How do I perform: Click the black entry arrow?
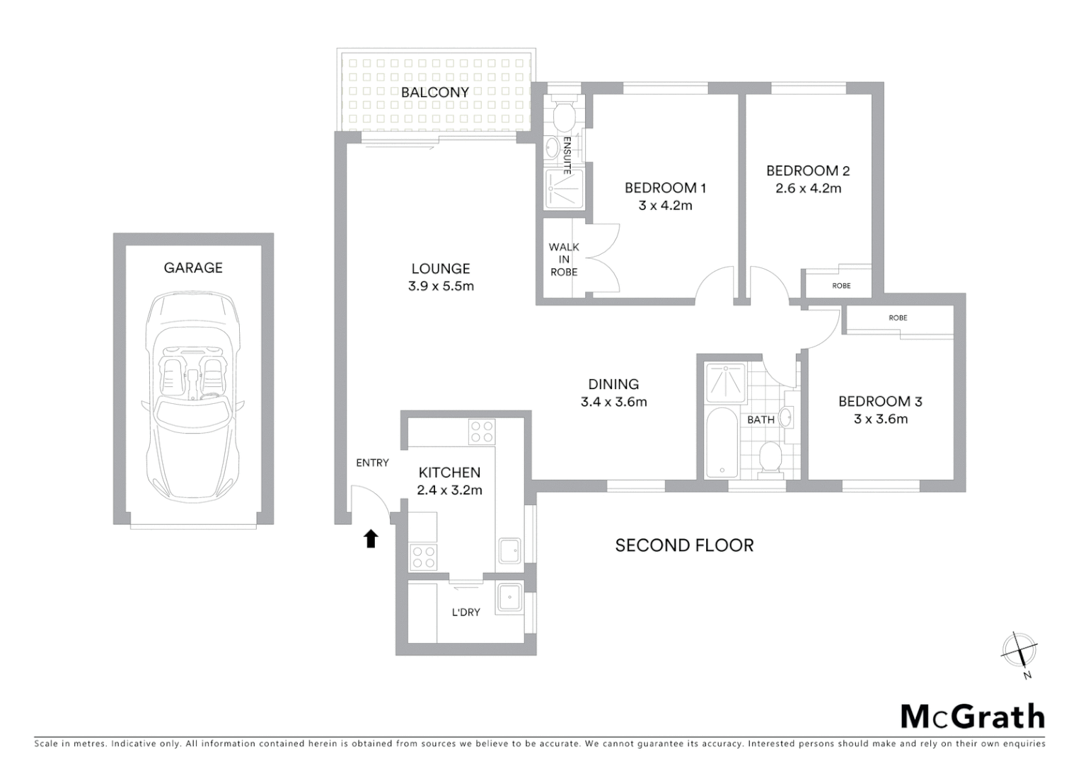pos(371,539)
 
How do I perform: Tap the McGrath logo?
pos(972,717)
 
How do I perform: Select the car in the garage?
pos(192,395)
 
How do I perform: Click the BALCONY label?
pos(434,92)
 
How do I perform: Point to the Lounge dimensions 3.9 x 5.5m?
pos(441,286)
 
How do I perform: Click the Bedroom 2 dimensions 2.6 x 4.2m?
pos(808,189)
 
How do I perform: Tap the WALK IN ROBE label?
pos(564,259)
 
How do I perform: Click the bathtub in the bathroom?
pos(722,441)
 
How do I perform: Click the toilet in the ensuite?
pos(564,115)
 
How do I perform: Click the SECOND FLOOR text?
pos(684,545)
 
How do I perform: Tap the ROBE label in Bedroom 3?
pos(898,318)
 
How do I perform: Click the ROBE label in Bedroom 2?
pos(841,286)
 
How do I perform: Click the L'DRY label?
pos(466,613)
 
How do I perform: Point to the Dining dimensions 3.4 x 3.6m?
pos(613,403)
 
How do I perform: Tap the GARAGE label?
pos(193,267)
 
